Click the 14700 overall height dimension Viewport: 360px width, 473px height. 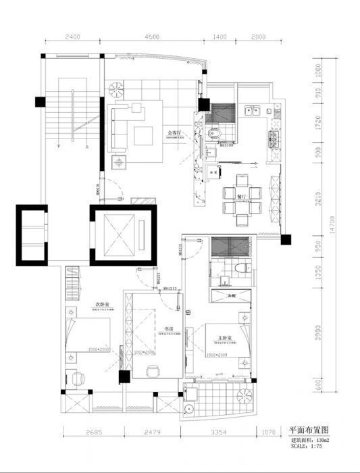[332, 224]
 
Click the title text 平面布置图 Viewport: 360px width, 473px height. [309, 430]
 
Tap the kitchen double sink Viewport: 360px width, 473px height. [253, 109]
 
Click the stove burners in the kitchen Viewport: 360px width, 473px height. [275, 140]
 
